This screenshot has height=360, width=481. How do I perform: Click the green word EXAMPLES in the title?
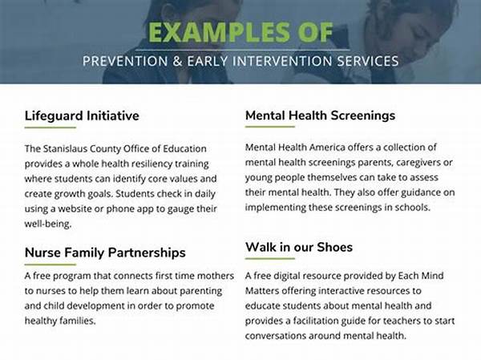pos(219,33)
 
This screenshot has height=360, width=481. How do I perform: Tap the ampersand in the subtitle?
pos(177,61)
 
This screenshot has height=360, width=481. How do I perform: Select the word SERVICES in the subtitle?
pos(368,61)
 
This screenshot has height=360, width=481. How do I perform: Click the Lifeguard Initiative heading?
pos(82,115)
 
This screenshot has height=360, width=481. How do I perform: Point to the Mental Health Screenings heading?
pos(320,115)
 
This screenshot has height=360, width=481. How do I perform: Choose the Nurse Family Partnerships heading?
pos(105,253)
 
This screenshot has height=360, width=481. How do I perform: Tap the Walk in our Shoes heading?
pos(299,247)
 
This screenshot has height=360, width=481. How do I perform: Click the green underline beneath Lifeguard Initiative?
pos(51,127)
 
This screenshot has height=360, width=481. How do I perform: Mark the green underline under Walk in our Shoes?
pos(270,258)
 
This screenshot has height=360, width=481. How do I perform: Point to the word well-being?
pos(48,224)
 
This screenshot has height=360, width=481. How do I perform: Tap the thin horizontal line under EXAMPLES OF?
pos(242,50)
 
